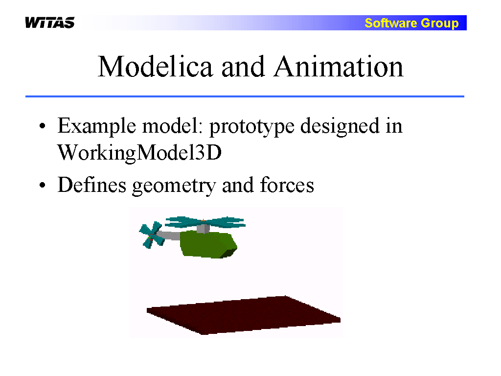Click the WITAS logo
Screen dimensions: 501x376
pyautogui.click(x=50, y=23)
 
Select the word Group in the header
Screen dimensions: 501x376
pyautogui.click(x=440, y=23)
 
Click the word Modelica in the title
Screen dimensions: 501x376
pyautogui.click(x=155, y=67)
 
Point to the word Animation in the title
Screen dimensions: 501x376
pyautogui.click(x=339, y=67)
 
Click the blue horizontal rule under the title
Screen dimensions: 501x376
pyautogui.click(x=245, y=96)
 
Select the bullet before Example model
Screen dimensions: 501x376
pyautogui.click(x=42, y=126)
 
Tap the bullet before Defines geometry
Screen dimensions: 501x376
pyautogui.click(x=42, y=185)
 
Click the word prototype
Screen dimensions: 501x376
pyautogui.click(x=252, y=127)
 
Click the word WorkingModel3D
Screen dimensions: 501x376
pyautogui.click(x=139, y=153)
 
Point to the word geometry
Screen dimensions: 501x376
pyautogui.click(x=174, y=186)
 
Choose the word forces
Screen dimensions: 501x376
pyautogui.click(x=287, y=185)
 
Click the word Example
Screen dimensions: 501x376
pyautogui.click(x=97, y=126)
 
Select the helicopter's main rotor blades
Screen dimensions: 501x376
pyautogui.click(x=205, y=221)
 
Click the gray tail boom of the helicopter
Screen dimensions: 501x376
pyautogui.click(x=169, y=235)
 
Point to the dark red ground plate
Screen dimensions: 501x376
pyautogui.click(x=244, y=315)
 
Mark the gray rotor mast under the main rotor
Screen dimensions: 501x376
pyautogui.click(x=203, y=229)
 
